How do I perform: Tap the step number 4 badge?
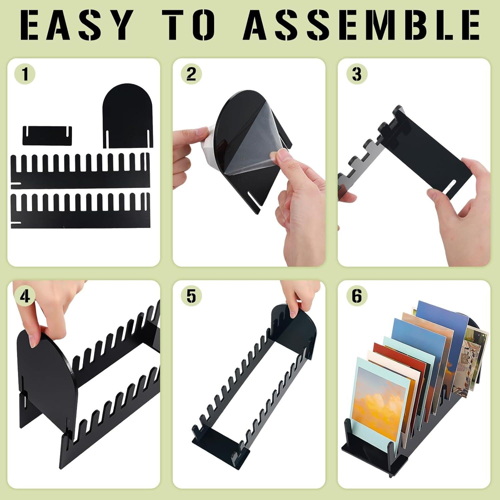(x=25, y=296)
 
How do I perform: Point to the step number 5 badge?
(x=191, y=296)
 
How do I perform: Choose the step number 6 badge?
(x=357, y=296)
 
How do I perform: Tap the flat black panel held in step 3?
(x=433, y=157)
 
